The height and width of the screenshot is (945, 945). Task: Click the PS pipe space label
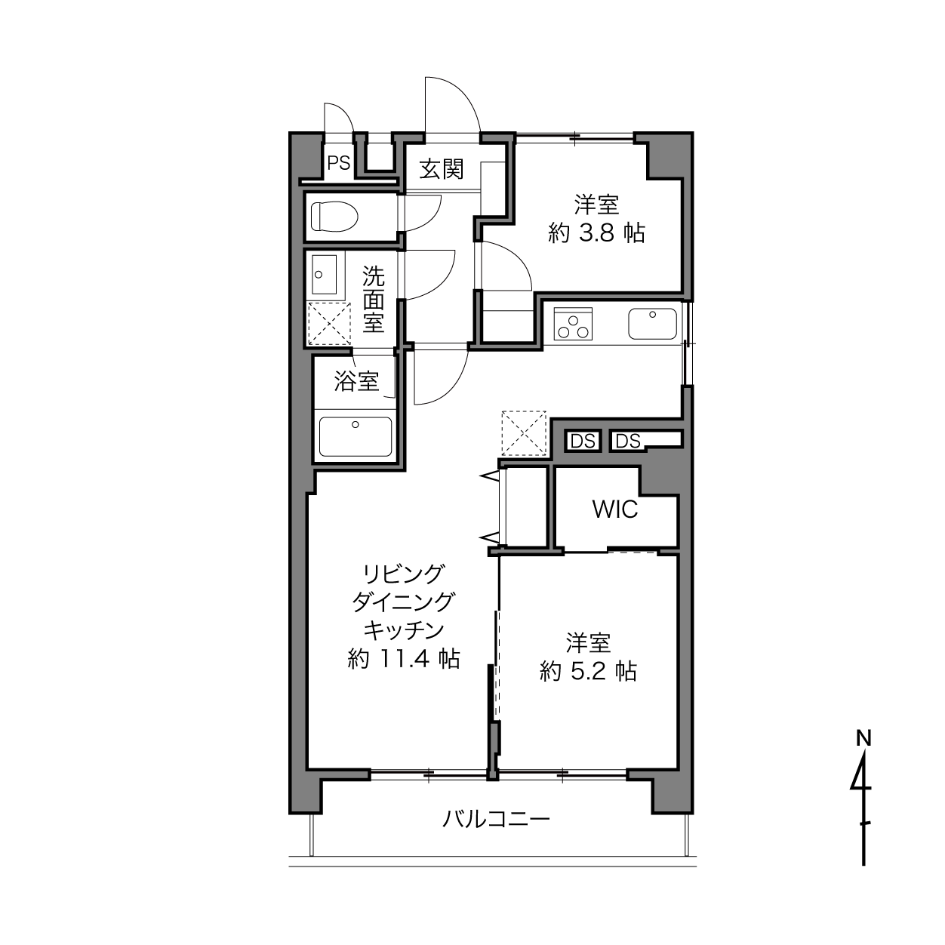pos(339,163)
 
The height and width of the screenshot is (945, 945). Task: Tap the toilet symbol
pos(334,217)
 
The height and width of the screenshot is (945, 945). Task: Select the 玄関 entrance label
pos(442,170)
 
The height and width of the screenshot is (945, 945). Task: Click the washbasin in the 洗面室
pos(324,274)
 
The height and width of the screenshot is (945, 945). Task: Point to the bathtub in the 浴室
pos(356,436)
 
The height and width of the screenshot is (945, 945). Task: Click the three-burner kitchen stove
pos(573,324)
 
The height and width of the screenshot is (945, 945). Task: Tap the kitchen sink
pos(652,324)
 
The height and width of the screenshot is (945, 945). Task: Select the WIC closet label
pos(615,509)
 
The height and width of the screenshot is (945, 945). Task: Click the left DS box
pos(583,442)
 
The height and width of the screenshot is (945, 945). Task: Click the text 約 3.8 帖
pos(596,233)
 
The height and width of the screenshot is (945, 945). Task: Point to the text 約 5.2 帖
pos(589,671)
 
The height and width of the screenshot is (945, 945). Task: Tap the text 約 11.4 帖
pos(404,659)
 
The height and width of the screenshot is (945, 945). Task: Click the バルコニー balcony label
pos(497,820)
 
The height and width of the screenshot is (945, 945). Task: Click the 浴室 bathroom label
pos(356,381)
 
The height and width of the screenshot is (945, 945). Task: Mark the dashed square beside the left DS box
pos(524,433)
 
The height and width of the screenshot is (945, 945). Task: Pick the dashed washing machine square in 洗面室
pos(329,324)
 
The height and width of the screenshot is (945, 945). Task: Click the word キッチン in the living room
pos(404,630)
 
